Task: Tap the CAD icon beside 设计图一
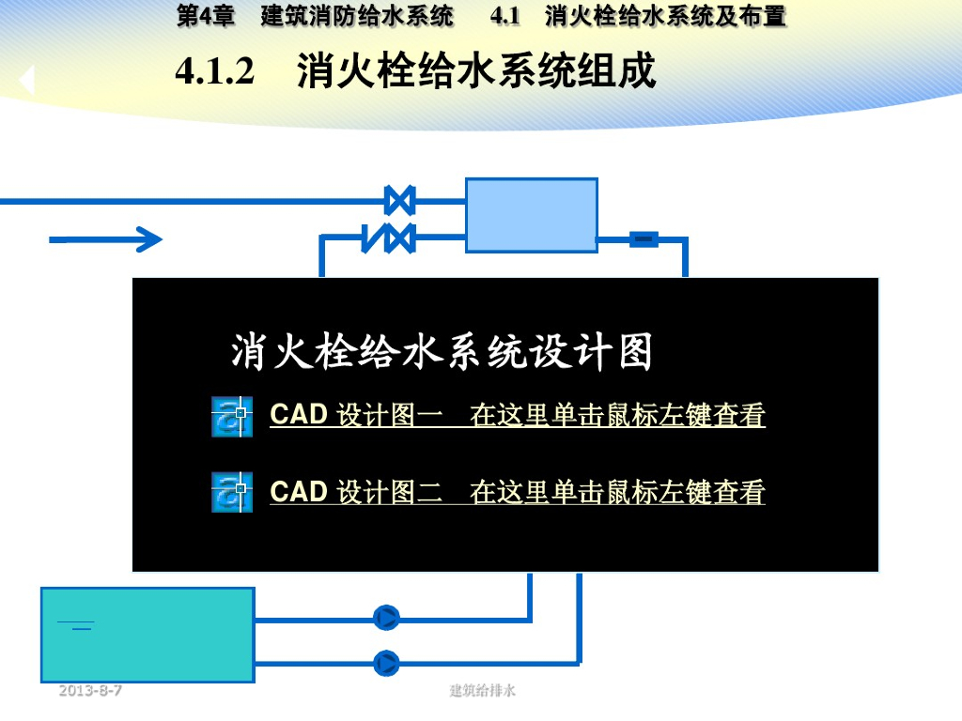point(232,416)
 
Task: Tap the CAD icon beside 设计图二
point(232,492)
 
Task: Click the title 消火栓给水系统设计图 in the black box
point(442,353)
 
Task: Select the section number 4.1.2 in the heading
point(215,72)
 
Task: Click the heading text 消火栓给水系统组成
point(476,72)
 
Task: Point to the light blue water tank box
point(532,215)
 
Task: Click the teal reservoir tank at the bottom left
point(147,635)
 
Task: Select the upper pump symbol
point(386,618)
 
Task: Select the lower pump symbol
point(386,663)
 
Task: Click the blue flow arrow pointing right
point(106,240)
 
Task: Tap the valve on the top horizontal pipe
point(400,200)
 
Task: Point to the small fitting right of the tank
point(644,239)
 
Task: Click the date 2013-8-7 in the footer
point(90,691)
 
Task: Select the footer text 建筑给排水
point(483,691)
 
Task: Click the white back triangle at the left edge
point(26,81)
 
